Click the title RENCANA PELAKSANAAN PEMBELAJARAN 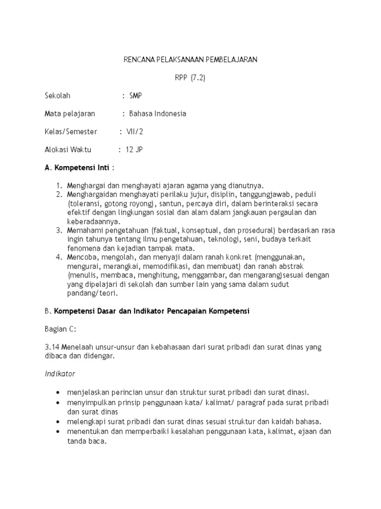190,60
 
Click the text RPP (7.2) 190,78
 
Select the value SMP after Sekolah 135,95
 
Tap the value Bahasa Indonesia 158,114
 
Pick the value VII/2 134,132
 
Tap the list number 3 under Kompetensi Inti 58,230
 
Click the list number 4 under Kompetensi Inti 58,257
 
